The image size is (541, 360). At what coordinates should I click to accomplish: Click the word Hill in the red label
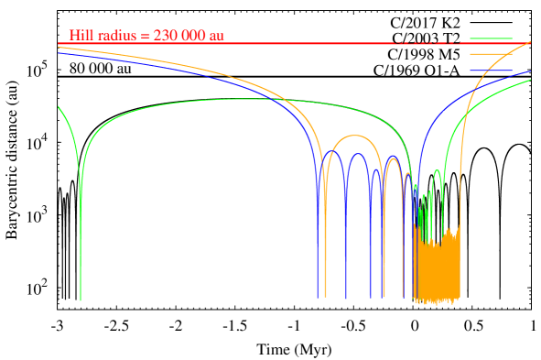pos(80,36)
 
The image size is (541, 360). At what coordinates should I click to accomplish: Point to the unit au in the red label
pos(216,36)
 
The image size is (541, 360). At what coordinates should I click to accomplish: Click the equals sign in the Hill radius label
pos(145,36)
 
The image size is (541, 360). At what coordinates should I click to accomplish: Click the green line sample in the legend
pos(492,38)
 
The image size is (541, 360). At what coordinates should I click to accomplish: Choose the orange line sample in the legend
pos(492,54)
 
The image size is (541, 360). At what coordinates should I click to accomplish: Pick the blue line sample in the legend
pos(492,70)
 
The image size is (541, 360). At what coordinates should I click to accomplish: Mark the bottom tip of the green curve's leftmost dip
pos(81,299)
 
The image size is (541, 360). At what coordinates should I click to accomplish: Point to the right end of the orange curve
pos(530,42)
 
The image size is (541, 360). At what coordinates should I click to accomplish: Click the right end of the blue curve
pos(530,71)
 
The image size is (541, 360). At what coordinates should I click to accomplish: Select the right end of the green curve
pos(530,80)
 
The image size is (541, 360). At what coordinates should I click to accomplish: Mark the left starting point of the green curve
pos(59,106)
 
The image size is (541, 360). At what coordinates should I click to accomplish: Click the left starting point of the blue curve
pos(59,53)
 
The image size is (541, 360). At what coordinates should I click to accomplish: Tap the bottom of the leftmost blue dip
pos(318,296)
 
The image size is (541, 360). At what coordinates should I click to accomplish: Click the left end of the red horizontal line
pos(59,43)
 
